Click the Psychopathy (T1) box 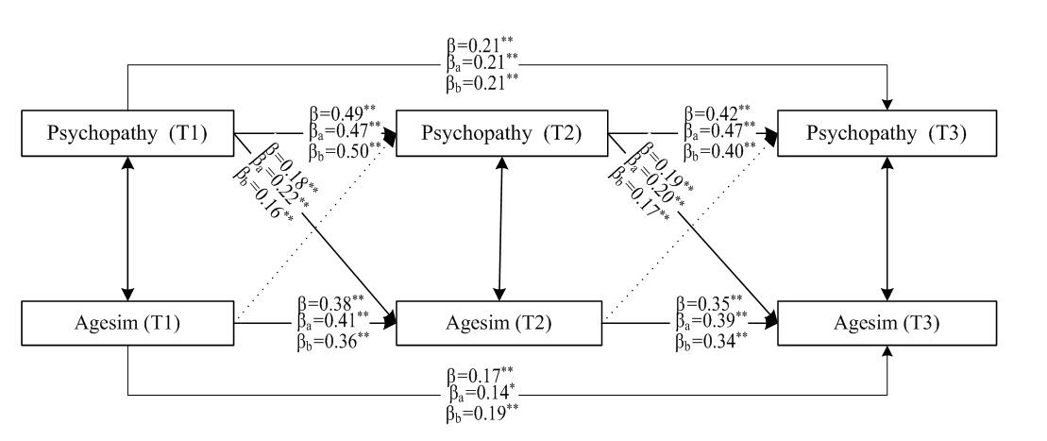128,135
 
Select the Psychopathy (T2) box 499,135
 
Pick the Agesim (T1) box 128,322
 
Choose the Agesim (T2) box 499,322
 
